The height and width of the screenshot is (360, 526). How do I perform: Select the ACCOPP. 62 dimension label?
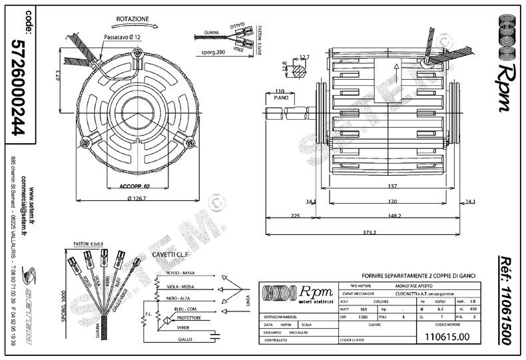click(133, 186)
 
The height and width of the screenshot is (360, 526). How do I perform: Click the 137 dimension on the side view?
click(392, 186)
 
